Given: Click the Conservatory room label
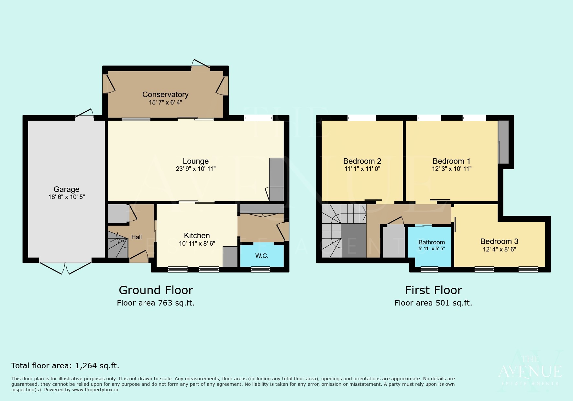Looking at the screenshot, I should click(x=165, y=95).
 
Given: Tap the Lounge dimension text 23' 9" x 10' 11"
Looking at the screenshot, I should click(x=195, y=169).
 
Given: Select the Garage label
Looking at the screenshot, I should click(x=66, y=189).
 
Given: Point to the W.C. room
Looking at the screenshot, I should click(x=262, y=256).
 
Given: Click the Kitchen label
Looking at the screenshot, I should click(x=197, y=236).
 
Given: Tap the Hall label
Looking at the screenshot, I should click(x=136, y=237).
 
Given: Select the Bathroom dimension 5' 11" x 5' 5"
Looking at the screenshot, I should click(x=432, y=249).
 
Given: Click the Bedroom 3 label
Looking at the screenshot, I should click(x=499, y=241).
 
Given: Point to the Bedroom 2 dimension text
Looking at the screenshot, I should click(x=362, y=169).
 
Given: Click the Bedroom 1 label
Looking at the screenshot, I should click(x=451, y=161).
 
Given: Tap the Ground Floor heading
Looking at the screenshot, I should click(x=156, y=290).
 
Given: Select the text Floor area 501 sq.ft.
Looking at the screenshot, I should click(x=433, y=303).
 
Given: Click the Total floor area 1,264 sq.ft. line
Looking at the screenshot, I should click(x=65, y=366).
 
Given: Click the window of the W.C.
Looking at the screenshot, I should click(x=260, y=269).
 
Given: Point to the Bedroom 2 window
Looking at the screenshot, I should click(x=362, y=118).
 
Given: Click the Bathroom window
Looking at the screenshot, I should click(x=429, y=269).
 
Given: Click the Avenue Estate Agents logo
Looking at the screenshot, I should click(x=530, y=372).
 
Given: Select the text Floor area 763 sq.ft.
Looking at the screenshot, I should click(x=156, y=303).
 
